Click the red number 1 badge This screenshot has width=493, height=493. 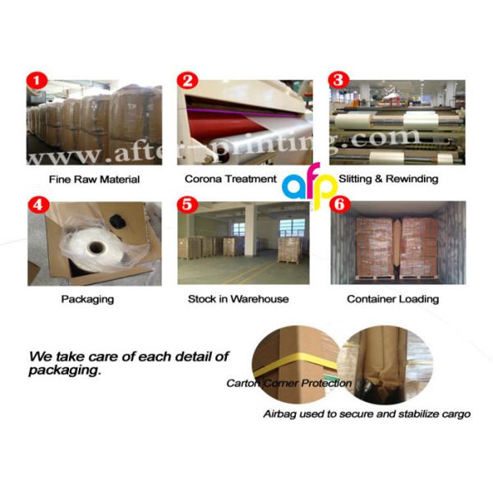coord(36,81)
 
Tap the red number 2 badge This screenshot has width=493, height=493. coord(187,81)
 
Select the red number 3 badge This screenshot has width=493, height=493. coord(339,80)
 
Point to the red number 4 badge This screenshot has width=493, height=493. coord(39,205)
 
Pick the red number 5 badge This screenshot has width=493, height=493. coord(187,205)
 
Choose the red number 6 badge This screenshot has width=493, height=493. coord(339,205)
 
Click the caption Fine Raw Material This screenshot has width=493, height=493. coord(94,179)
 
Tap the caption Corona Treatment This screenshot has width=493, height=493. coord(230,179)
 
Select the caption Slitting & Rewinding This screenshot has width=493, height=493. coord(389,179)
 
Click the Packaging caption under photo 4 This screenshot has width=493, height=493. coord(87,299)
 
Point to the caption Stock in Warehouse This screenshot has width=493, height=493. coord(238,299)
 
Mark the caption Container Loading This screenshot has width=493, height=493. coord(393,299)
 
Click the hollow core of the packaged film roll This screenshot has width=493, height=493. coord(96,248)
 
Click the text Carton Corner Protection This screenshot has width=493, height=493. coord(289,383)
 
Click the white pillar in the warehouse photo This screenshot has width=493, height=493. coord(251,229)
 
